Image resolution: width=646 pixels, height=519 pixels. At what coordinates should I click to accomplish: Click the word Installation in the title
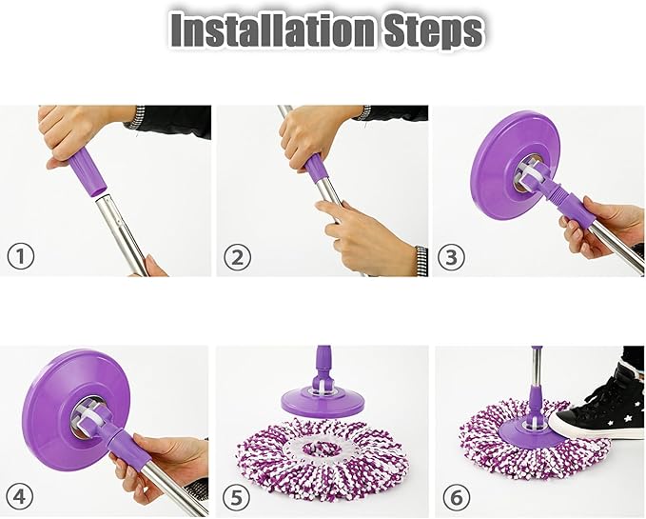[x=260, y=31]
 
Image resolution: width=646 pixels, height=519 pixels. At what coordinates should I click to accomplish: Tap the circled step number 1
[x=21, y=256]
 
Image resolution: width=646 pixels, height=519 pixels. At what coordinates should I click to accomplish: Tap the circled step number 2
[x=237, y=256]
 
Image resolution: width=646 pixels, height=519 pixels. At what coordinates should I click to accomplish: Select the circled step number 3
[x=451, y=256]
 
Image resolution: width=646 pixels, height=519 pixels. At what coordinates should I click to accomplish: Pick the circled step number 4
[x=21, y=496]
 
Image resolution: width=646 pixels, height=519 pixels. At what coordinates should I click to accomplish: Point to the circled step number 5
[x=237, y=496]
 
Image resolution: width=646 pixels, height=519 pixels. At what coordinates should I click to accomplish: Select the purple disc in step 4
[x=67, y=400]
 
